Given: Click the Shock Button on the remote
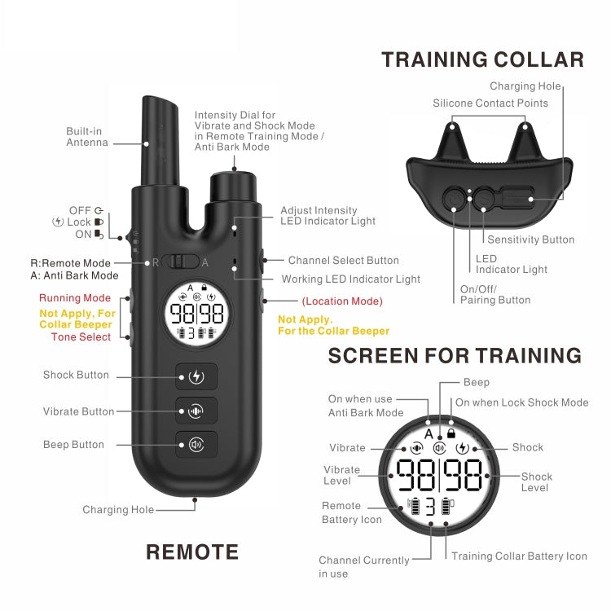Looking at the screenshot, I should click(x=196, y=376).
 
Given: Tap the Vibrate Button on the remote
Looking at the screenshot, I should click(x=196, y=411).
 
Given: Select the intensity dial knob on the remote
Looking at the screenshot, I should click(x=234, y=187).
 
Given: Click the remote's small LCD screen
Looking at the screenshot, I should click(x=196, y=314).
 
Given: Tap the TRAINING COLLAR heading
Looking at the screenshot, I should click(x=482, y=59).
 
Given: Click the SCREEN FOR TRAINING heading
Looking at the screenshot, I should click(x=455, y=356).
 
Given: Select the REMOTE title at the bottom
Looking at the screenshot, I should click(x=192, y=552).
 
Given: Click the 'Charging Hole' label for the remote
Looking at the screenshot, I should click(x=118, y=510).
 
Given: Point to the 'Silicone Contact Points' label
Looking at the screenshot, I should click(x=490, y=103).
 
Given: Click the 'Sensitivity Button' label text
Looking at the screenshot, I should click(x=530, y=240).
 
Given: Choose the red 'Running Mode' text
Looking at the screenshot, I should click(x=75, y=298).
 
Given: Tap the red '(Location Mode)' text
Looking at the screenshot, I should click(x=341, y=301).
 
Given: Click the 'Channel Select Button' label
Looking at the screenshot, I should click(x=344, y=261).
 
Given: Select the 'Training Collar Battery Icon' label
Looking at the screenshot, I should click(x=519, y=556).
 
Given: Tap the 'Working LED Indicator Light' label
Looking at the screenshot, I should click(x=350, y=279).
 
